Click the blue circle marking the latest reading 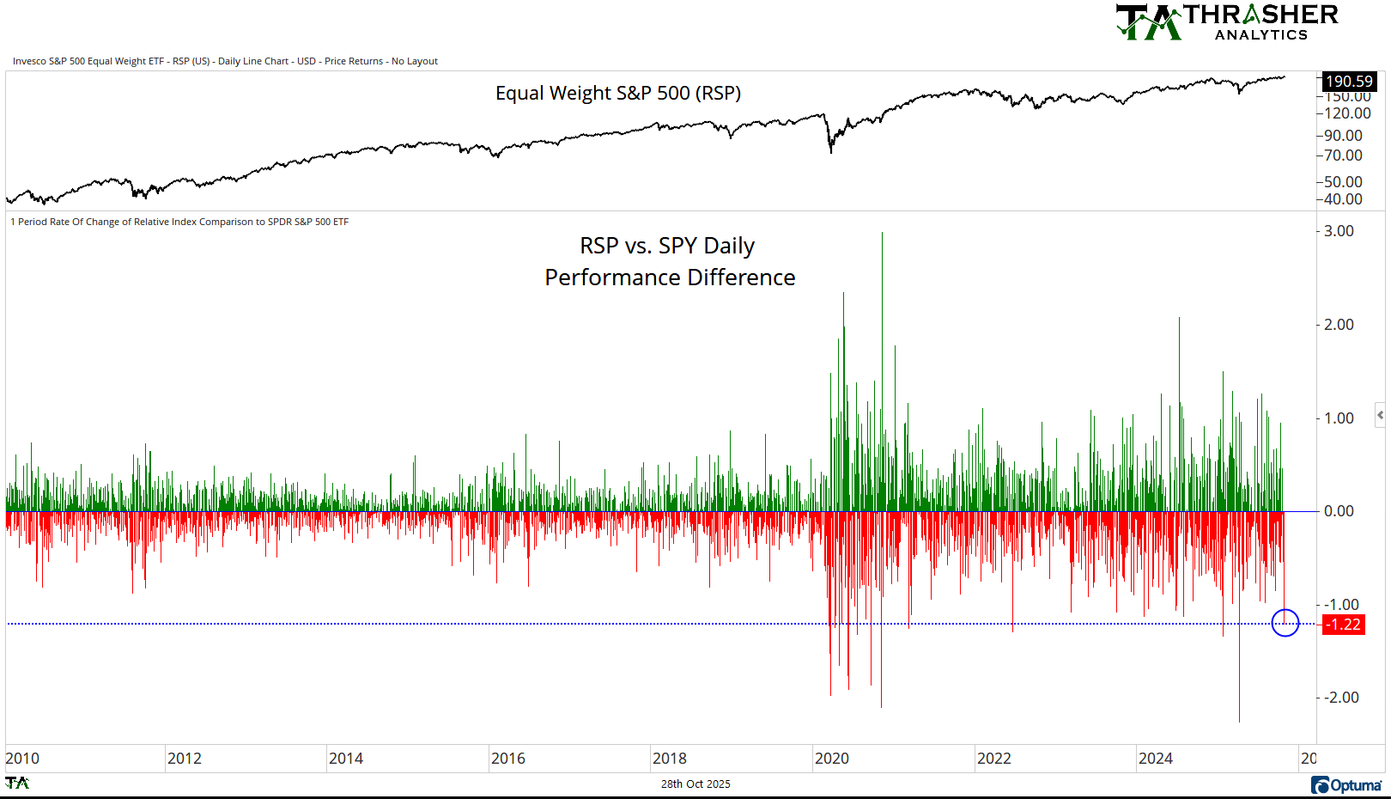pyautogui.click(x=1285, y=623)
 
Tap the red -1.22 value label pyautogui.click(x=1343, y=625)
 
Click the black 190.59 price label pyautogui.click(x=1349, y=82)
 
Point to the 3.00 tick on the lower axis pyautogui.click(x=1339, y=231)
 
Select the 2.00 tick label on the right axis pyautogui.click(x=1339, y=325)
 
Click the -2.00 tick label pyautogui.click(x=1341, y=698)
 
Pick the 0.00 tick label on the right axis pyautogui.click(x=1339, y=511)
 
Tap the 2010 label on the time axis pyautogui.click(x=22, y=759)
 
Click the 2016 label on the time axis pyautogui.click(x=507, y=759)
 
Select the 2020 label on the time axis pyautogui.click(x=831, y=759)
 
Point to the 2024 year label pyautogui.click(x=1155, y=759)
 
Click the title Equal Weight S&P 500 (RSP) pyautogui.click(x=617, y=93)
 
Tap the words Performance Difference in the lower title pyautogui.click(x=670, y=278)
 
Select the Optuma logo pyautogui.click(x=1346, y=785)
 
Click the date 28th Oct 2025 pyautogui.click(x=695, y=784)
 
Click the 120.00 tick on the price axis pyautogui.click(x=1347, y=113)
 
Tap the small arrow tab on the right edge pyautogui.click(x=1381, y=415)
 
